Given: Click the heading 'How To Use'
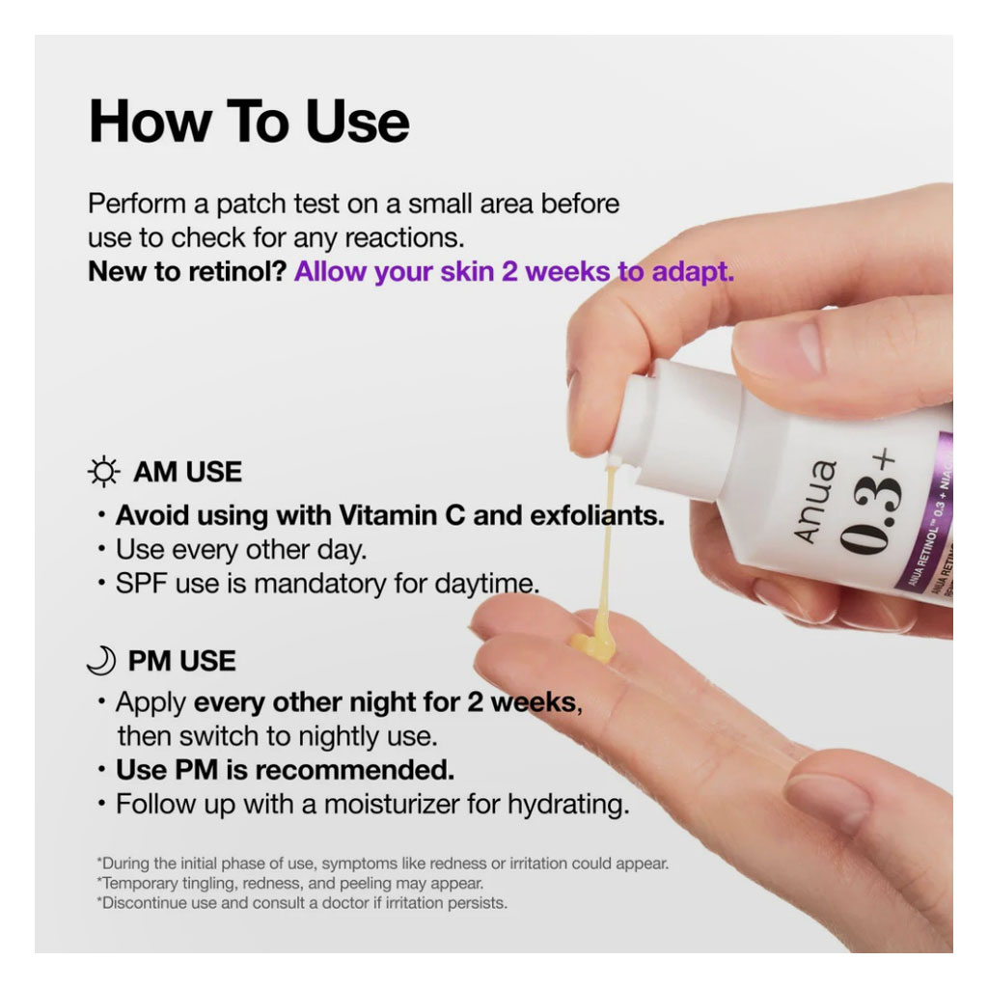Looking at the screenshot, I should click(249, 122).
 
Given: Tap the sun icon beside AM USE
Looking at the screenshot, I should click(103, 472).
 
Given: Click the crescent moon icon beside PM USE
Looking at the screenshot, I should click(101, 661).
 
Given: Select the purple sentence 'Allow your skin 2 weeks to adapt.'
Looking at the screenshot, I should click(514, 271).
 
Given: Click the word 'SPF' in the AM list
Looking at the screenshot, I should click(142, 584).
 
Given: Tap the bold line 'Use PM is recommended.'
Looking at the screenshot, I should click(285, 770).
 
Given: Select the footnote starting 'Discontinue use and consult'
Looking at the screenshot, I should click(301, 903).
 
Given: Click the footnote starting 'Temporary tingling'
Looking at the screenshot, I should click(289, 883).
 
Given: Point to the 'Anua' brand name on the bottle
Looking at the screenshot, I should click(818, 501).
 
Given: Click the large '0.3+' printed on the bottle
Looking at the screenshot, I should click(873, 502).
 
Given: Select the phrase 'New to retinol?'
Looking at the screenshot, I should click(187, 271).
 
